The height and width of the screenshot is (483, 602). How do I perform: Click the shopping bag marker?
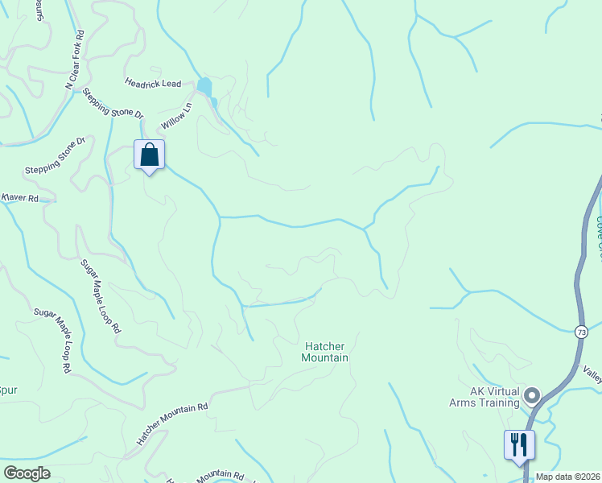pyautogui.click(x=149, y=155)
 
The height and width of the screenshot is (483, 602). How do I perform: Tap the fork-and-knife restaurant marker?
pyautogui.click(x=518, y=444)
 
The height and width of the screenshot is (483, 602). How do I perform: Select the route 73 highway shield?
pyautogui.click(x=581, y=332)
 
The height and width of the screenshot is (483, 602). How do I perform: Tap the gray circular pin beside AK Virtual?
pyautogui.click(x=531, y=395)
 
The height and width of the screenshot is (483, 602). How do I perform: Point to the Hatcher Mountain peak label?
pyautogui.click(x=326, y=352)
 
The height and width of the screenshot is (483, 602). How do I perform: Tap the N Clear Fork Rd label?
pyautogui.click(x=75, y=60)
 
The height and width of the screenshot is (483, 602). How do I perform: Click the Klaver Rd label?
pyautogui.click(x=21, y=197)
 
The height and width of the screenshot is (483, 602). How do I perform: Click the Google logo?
pyautogui.click(x=27, y=473)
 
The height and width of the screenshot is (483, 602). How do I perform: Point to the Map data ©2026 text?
pyautogui.click(x=568, y=476)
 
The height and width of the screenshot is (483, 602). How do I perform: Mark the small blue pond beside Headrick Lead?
pyautogui.click(x=205, y=86)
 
